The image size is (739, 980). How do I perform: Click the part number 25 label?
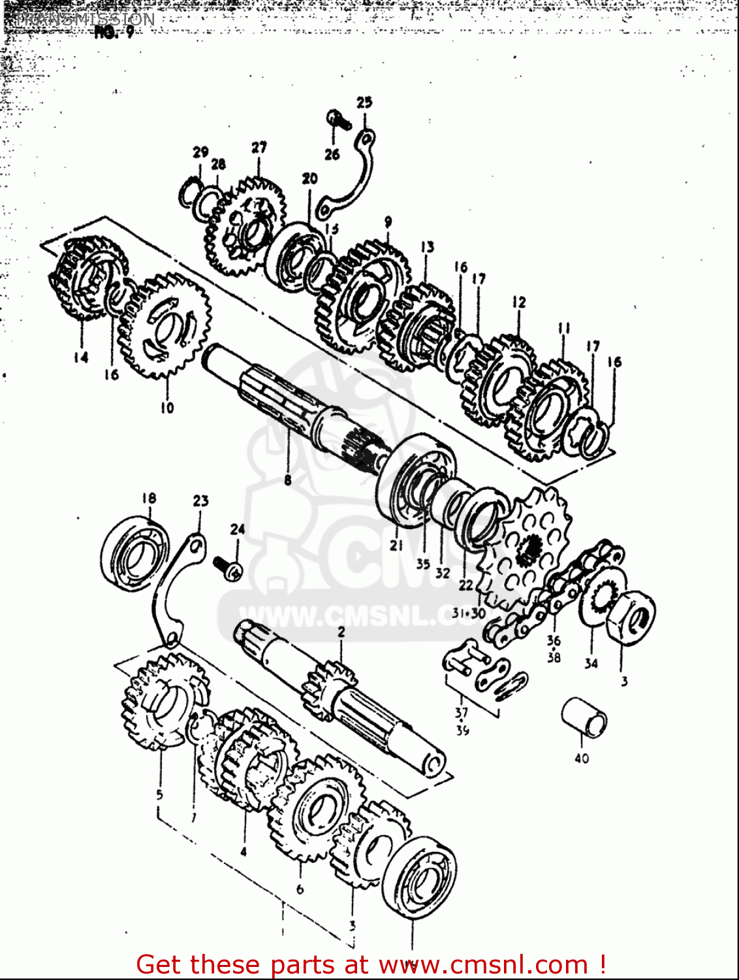point(364,102)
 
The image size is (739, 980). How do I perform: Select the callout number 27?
point(259,148)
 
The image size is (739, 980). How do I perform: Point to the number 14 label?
point(81,357)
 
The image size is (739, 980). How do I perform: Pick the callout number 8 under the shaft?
point(288,480)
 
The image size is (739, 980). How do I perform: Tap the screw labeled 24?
point(228,566)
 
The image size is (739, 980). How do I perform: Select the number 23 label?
point(200,501)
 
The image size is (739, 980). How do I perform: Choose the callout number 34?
point(591,663)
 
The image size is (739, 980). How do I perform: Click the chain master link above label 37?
point(477,670)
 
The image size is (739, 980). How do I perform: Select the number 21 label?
point(397,546)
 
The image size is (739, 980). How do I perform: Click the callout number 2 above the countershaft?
point(341,632)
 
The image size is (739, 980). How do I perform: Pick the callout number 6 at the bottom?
point(300,889)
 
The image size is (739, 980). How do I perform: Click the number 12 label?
point(519,302)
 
